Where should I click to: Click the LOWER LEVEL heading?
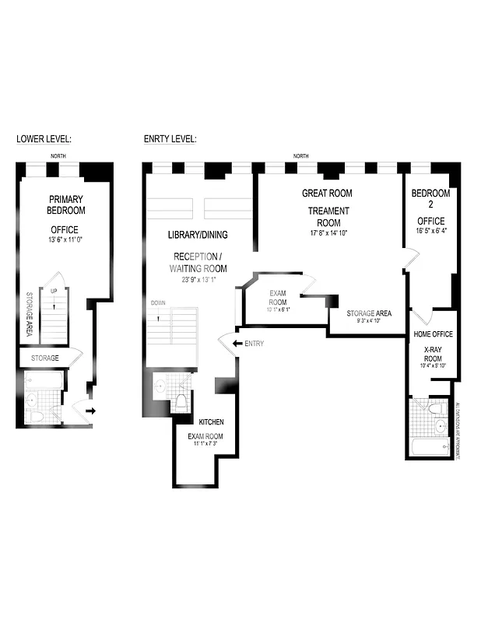(x=44, y=139)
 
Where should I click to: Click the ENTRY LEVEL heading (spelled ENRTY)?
(x=170, y=139)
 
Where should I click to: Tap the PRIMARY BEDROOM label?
(x=66, y=204)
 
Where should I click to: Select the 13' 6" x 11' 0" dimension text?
(x=66, y=240)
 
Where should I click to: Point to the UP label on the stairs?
(x=53, y=292)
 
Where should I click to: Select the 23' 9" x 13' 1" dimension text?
(x=197, y=280)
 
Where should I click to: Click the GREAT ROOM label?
(x=327, y=193)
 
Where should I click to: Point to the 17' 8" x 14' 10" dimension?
(x=328, y=232)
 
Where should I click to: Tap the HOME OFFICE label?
(x=432, y=334)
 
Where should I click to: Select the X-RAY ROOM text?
(x=432, y=354)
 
